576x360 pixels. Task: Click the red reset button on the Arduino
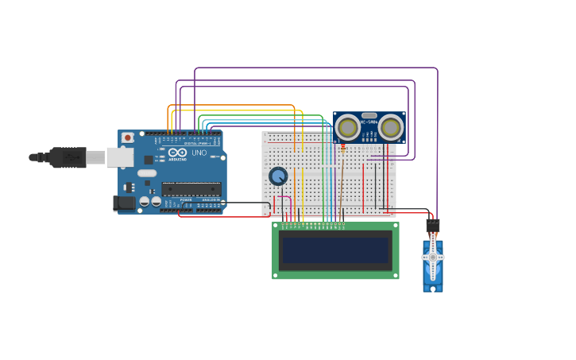[x=127, y=137]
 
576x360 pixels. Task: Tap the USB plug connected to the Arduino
[x=72, y=157]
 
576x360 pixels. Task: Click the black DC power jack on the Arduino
[x=124, y=203]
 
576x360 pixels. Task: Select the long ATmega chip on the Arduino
[x=191, y=189]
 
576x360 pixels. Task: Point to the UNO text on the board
[x=199, y=153]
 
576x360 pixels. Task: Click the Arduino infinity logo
[x=177, y=152]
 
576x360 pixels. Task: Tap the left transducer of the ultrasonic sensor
[x=348, y=127]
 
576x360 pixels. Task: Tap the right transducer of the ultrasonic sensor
[x=390, y=127]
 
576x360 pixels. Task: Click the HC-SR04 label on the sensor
[x=369, y=122]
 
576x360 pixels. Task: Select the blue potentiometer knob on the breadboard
[x=278, y=176]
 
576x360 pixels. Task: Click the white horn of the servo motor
[x=433, y=258]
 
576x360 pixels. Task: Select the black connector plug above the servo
[x=432, y=226]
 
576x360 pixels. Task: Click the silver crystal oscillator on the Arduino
[x=147, y=172]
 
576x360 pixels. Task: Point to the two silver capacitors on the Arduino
[x=150, y=202]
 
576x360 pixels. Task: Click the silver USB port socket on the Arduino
[x=119, y=157]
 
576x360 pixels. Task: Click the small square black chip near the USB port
[x=149, y=160]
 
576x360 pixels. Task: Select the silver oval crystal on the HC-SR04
[x=369, y=115]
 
